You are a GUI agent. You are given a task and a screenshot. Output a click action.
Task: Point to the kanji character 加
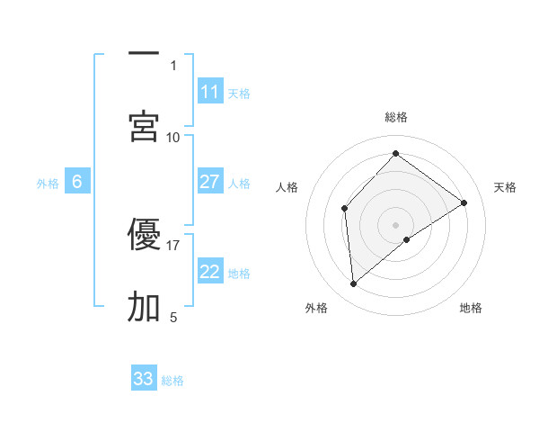tap(144, 307)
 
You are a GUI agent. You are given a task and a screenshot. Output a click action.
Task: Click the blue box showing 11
tap(210, 92)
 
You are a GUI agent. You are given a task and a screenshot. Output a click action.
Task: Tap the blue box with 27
tap(210, 182)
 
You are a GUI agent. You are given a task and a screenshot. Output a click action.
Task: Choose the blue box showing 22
tap(210, 272)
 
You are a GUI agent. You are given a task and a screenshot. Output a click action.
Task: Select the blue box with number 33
tap(144, 379)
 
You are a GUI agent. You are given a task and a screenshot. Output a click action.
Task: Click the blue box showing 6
tap(77, 182)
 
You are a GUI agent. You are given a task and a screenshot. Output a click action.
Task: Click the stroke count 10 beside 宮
tap(173, 137)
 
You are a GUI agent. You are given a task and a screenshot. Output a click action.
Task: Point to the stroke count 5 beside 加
tap(173, 317)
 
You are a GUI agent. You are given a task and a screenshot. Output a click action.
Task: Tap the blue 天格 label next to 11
tap(239, 93)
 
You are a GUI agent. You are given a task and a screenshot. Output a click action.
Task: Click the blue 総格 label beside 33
tap(172, 380)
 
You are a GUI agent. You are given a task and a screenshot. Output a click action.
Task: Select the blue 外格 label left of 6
tap(48, 183)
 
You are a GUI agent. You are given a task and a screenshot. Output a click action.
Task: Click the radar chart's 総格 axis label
tap(396, 117)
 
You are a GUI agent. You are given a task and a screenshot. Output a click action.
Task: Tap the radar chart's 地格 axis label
tap(471, 308)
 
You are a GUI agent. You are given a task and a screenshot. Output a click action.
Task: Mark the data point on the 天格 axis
tap(464, 202)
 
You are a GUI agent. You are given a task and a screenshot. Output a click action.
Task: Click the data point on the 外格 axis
tap(354, 284)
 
